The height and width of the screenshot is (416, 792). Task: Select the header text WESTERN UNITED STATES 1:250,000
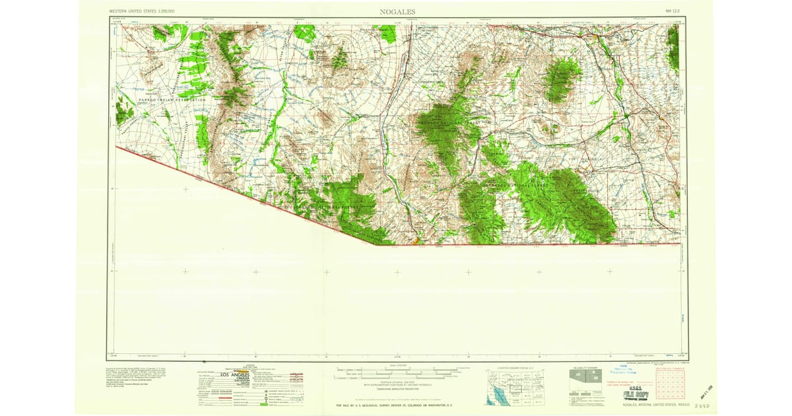click(x=147, y=12)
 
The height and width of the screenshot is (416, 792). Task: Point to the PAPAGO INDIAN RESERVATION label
click(x=172, y=100)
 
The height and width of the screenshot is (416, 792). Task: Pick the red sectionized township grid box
click(x=671, y=386)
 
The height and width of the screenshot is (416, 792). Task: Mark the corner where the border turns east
click(x=375, y=244)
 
